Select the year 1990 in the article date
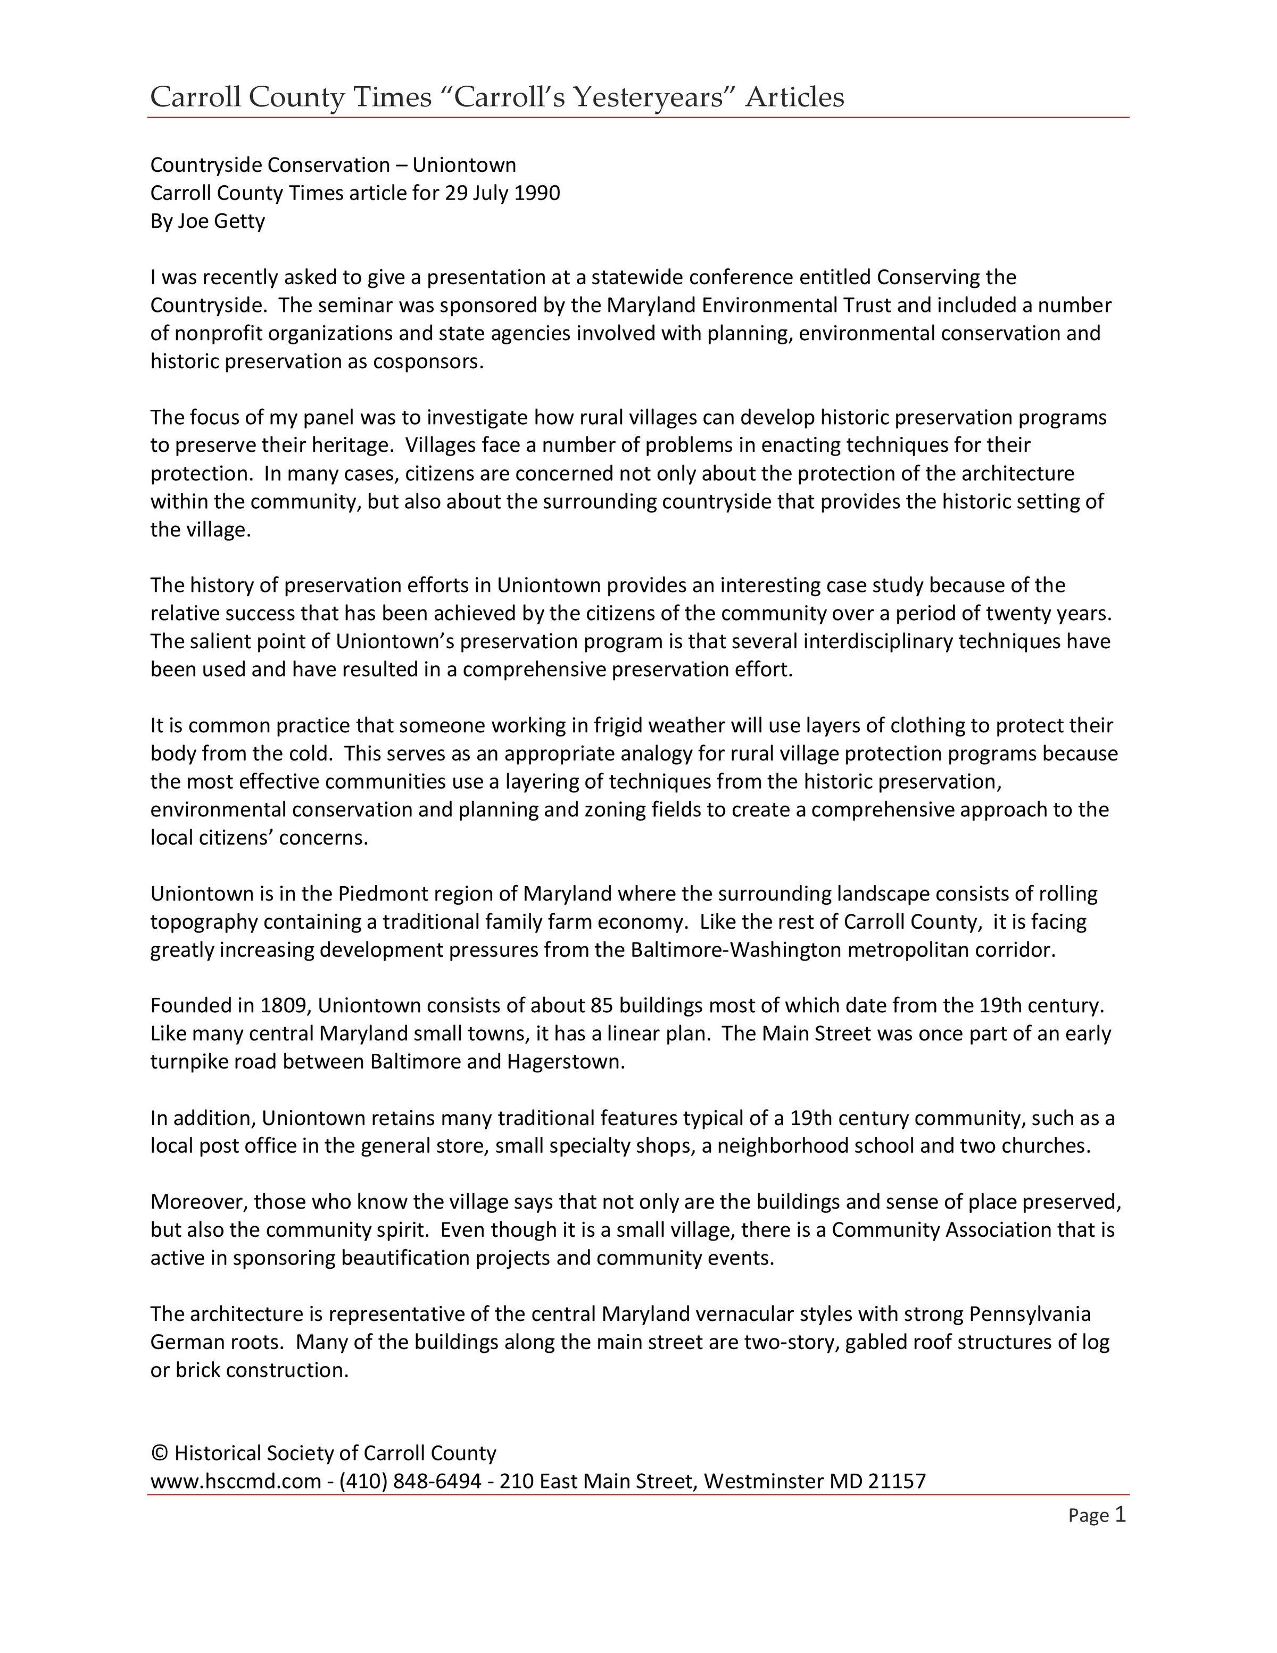(536, 193)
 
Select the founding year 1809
(284, 1006)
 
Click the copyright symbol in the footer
(159, 1454)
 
